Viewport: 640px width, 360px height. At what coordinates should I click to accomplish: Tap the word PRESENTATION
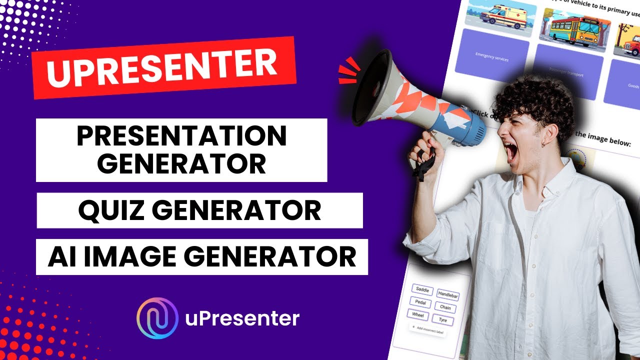(x=181, y=136)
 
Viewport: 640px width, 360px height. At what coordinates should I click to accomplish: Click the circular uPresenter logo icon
(x=157, y=318)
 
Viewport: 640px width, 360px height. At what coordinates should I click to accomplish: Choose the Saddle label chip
(x=423, y=289)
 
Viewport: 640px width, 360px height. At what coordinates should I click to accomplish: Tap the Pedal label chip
(x=420, y=302)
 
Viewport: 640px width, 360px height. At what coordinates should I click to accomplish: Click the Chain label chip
(x=444, y=307)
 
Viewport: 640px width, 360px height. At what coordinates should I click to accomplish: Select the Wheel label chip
(x=418, y=314)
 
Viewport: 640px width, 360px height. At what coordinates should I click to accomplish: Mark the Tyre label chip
(x=442, y=320)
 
